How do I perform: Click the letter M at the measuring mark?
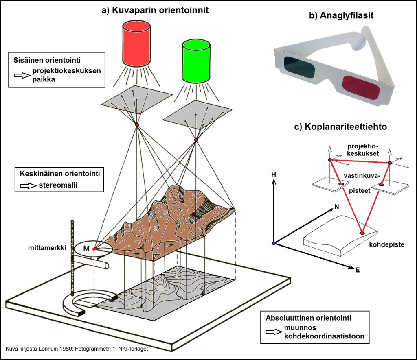pos(86,249)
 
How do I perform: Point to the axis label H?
pos(274,174)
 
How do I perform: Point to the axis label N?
pos(336,207)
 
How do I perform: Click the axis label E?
pos(357,269)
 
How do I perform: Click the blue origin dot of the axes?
pos(274,243)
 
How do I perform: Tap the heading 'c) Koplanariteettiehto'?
pos(340,127)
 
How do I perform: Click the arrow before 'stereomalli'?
pos(27,185)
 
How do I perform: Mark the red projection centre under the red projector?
pos(137,124)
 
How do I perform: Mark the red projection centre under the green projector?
pos(196,140)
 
